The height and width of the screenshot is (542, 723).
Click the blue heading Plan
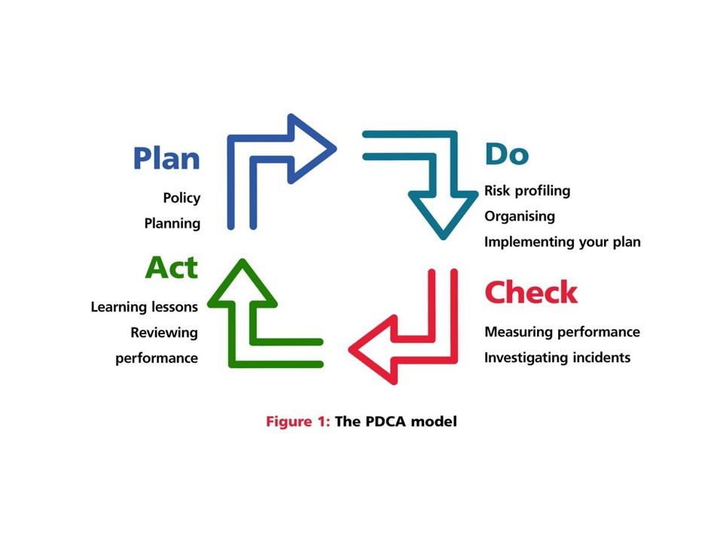point(166,159)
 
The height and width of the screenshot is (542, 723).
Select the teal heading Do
point(506,154)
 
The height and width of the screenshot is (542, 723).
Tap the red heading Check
point(531,292)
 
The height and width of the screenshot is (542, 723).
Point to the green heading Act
point(172,267)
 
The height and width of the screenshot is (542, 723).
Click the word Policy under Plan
point(182,198)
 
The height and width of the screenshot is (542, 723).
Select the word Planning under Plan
point(172,224)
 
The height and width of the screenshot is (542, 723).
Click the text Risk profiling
point(527,191)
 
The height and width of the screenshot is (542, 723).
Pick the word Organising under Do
point(520,217)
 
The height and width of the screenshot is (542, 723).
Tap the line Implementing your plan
point(562,242)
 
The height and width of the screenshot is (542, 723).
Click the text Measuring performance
point(562,332)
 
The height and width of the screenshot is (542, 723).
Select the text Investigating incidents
point(557,358)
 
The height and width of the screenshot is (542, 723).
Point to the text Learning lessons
point(144,307)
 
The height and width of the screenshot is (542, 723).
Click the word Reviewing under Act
point(164,333)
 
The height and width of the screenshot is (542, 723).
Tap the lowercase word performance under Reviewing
point(157,358)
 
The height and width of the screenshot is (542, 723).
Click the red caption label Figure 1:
point(297,422)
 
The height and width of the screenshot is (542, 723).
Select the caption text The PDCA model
point(395,422)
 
